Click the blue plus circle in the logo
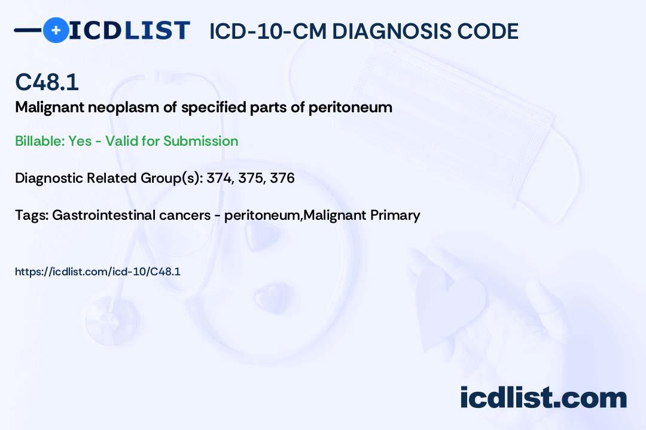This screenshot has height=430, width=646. click(56, 30)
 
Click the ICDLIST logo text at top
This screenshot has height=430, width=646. click(129, 30)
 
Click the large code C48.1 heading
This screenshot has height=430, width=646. click(47, 82)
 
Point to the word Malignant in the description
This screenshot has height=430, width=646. click(50, 108)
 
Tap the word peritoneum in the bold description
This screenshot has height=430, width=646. click(350, 107)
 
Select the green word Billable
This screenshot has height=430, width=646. click(39, 141)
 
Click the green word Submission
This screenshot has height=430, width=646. click(200, 141)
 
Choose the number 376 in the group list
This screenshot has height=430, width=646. click(282, 178)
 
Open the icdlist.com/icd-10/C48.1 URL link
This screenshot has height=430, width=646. click(97, 272)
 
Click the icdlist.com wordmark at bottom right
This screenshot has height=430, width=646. click(543, 398)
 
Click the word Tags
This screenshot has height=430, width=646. click(32, 216)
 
